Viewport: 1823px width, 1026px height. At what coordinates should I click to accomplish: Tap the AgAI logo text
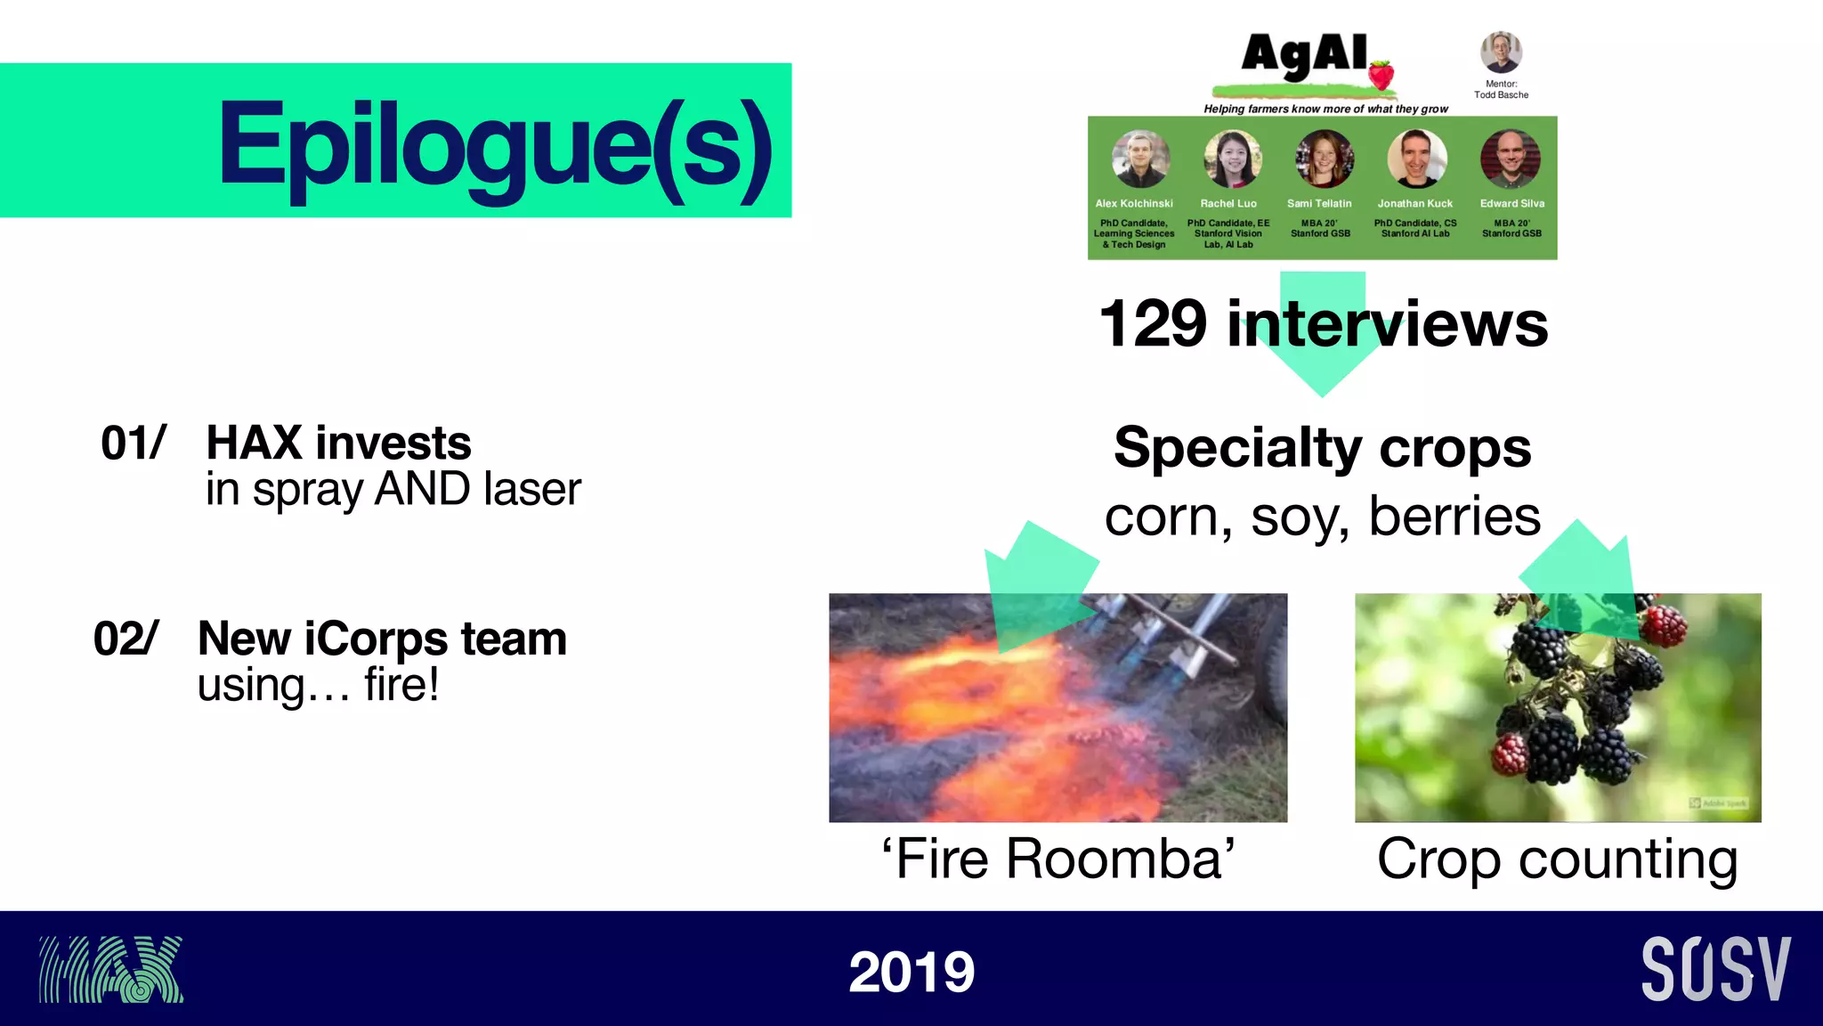[1304, 55]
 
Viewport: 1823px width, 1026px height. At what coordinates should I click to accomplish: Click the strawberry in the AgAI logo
[1381, 74]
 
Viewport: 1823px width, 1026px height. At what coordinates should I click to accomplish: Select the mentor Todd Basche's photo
[1501, 53]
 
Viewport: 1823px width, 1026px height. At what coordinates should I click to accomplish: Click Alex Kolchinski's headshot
[1140, 159]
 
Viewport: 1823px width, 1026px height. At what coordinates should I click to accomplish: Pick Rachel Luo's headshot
[1232, 159]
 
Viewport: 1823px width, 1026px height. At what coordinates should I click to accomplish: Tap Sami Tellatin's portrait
[1324, 159]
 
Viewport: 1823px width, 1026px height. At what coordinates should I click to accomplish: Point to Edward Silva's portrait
[1510, 159]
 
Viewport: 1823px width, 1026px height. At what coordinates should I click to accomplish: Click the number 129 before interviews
[1153, 323]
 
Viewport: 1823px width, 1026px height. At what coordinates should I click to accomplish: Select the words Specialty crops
[1322, 447]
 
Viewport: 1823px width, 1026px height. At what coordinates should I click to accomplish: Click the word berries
[1454, 516]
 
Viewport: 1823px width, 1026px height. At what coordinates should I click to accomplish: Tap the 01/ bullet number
[133, 443]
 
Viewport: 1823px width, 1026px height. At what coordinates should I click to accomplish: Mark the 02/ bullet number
[126, 639]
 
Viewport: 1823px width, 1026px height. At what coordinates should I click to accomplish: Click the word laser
[532, 489]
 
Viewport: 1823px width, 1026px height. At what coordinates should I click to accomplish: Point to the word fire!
[401, 685]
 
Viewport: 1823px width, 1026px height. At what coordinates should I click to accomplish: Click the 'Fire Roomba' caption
[1057, 859]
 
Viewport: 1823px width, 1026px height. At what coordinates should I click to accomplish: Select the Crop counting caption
[1557, 859]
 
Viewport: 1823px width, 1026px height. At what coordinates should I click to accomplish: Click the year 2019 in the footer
[911, 972]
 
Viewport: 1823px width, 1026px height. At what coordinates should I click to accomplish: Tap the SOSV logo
[1715, 969]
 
